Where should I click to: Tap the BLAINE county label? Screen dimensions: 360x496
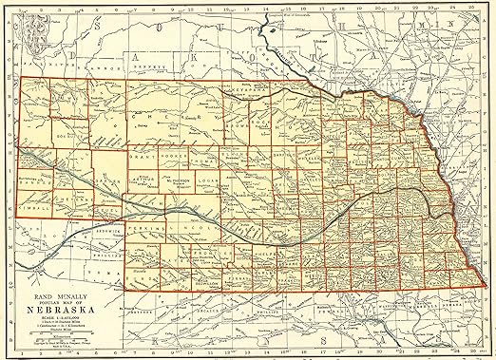pyautogui.click(x=238, y=150)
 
